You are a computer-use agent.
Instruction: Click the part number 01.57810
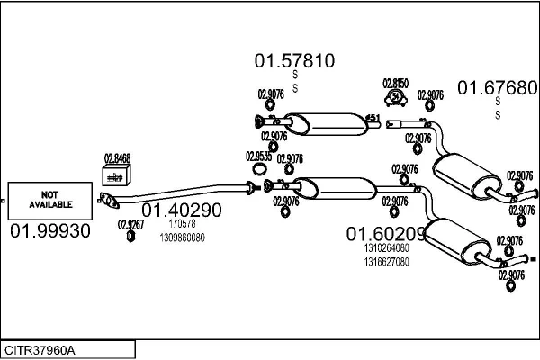(x=294, y=61)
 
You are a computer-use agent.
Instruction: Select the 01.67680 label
(x=498, y=87)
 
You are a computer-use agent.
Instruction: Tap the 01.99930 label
(x=50, y=231)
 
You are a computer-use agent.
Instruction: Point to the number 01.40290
(x=181, y=210)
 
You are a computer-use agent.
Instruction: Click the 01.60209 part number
(x=386, y=233)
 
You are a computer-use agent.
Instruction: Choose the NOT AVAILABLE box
(x=50, y=200)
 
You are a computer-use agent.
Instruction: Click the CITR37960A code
(x=41, y=349)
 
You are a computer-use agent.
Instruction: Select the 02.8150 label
(x=395, y=83)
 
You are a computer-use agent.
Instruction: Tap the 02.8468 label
(x=117, y=158)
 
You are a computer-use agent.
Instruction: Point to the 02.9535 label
(x=257, y=156)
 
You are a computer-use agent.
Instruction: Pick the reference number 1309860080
(x=182, y=238)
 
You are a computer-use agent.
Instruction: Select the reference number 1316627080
(x=387, y=262)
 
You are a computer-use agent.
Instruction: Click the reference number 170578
(x=182, y=223)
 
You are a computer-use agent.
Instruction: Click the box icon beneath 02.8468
(x=115, y=175)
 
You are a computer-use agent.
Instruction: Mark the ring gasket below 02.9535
(x=258, y=168)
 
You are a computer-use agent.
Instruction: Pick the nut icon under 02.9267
(x=130, y=237)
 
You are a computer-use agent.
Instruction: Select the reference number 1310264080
(x=387, y=248)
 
